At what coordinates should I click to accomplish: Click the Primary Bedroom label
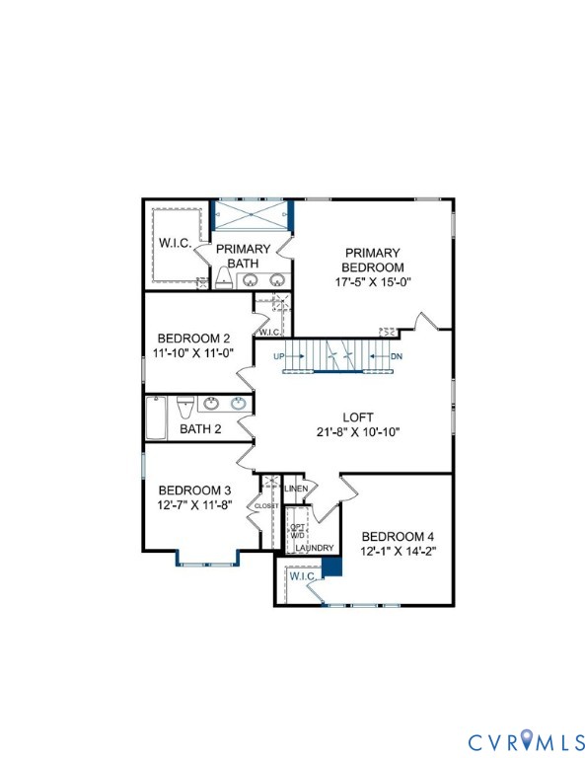pos(373,261)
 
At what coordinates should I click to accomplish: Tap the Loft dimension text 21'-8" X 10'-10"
pos(358,432)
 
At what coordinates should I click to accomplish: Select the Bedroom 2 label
pos(193,339)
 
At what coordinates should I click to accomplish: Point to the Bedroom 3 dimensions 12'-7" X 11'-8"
pos(194,505)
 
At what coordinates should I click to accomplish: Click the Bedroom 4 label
pos(398,537)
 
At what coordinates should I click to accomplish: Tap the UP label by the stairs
pos(279,356)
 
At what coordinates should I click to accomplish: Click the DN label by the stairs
pos(397,356)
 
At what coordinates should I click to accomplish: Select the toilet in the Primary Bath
pos(223,278)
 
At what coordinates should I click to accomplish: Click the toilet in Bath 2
pos(185,408)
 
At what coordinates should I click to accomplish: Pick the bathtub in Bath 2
pos(156,418)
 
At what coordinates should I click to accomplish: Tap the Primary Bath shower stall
pos(251,215)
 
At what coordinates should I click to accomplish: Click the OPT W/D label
pos(297,532)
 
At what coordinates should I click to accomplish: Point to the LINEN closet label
pos(296,489)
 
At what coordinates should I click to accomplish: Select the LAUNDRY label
pos(315,548)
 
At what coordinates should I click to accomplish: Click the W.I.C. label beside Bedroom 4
pos(303,576)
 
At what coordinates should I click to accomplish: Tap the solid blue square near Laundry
pos(331,567)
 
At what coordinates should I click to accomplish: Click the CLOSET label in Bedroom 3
pos(266,506)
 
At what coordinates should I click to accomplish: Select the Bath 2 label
pos(200,428)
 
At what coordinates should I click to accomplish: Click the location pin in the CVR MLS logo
pos(527,740)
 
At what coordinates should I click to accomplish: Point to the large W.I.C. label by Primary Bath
pos(176,243)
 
